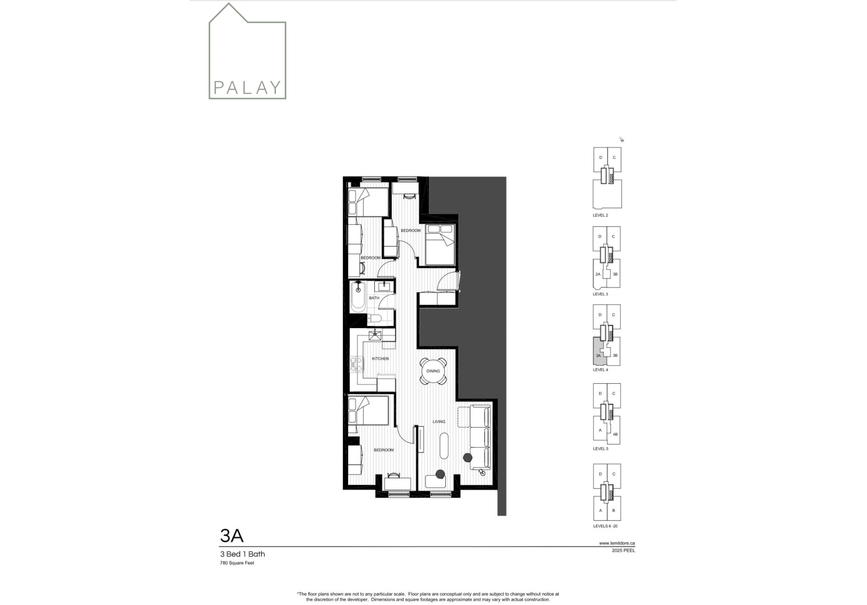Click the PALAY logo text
pyautogui.click(x=247, y=87)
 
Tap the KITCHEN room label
pyautogui.click(x=380, y=358)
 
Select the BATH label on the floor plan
pyautogui.click(x=374, y=298)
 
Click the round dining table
pyautogui.click(x=433, y=371)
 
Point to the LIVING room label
pyautogui.click(x=439, y=422)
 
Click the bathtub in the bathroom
pyautogui.click(x=359, y=297)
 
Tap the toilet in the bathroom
pyautogui.click(x=375, y=319)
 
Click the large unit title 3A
pyautogui.click(x=232, y=535)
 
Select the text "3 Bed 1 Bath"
pyautogui.click(x=242, y=554)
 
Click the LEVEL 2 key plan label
pyautogui.click(x=600, y=215)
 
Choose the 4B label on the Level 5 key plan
pyautogui.click(x=615, y=434)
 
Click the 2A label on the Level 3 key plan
pyautogui.click(x=598, y=274)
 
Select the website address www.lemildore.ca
pyautogui.click(x=617, y=543)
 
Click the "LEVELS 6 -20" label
pyautogui.click(x=605, y=526)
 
